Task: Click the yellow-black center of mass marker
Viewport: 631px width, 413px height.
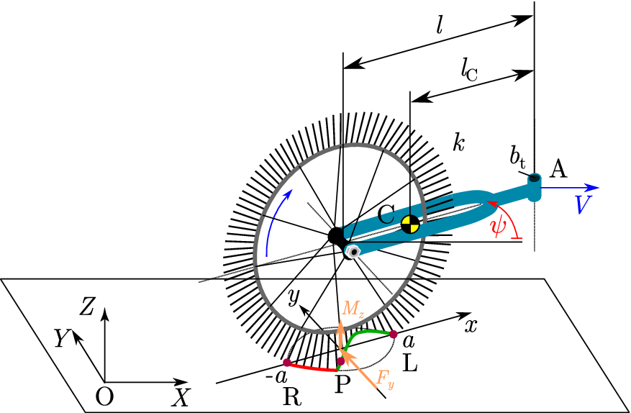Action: click(409, 224)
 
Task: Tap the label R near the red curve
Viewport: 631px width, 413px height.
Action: click(291, 399)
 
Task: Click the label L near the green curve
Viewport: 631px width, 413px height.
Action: click(410, 364)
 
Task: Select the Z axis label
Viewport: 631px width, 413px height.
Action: click(88, 307)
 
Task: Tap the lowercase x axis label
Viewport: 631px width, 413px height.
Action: click(471, 325)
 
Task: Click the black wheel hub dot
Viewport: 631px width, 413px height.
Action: click(336, 235)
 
